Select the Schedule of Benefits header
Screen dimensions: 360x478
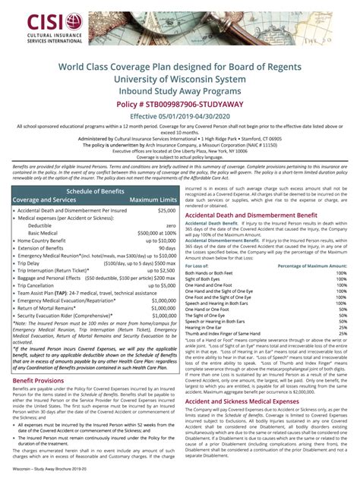pyautogui.click(x=89, y=191)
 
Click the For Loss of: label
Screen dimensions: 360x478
pyautogui.click(x=197, y=266)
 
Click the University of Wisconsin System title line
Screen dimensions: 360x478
pyautogui.click(x=180, y=79)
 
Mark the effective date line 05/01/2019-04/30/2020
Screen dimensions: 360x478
pyautogui.click(x=180, y=116)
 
